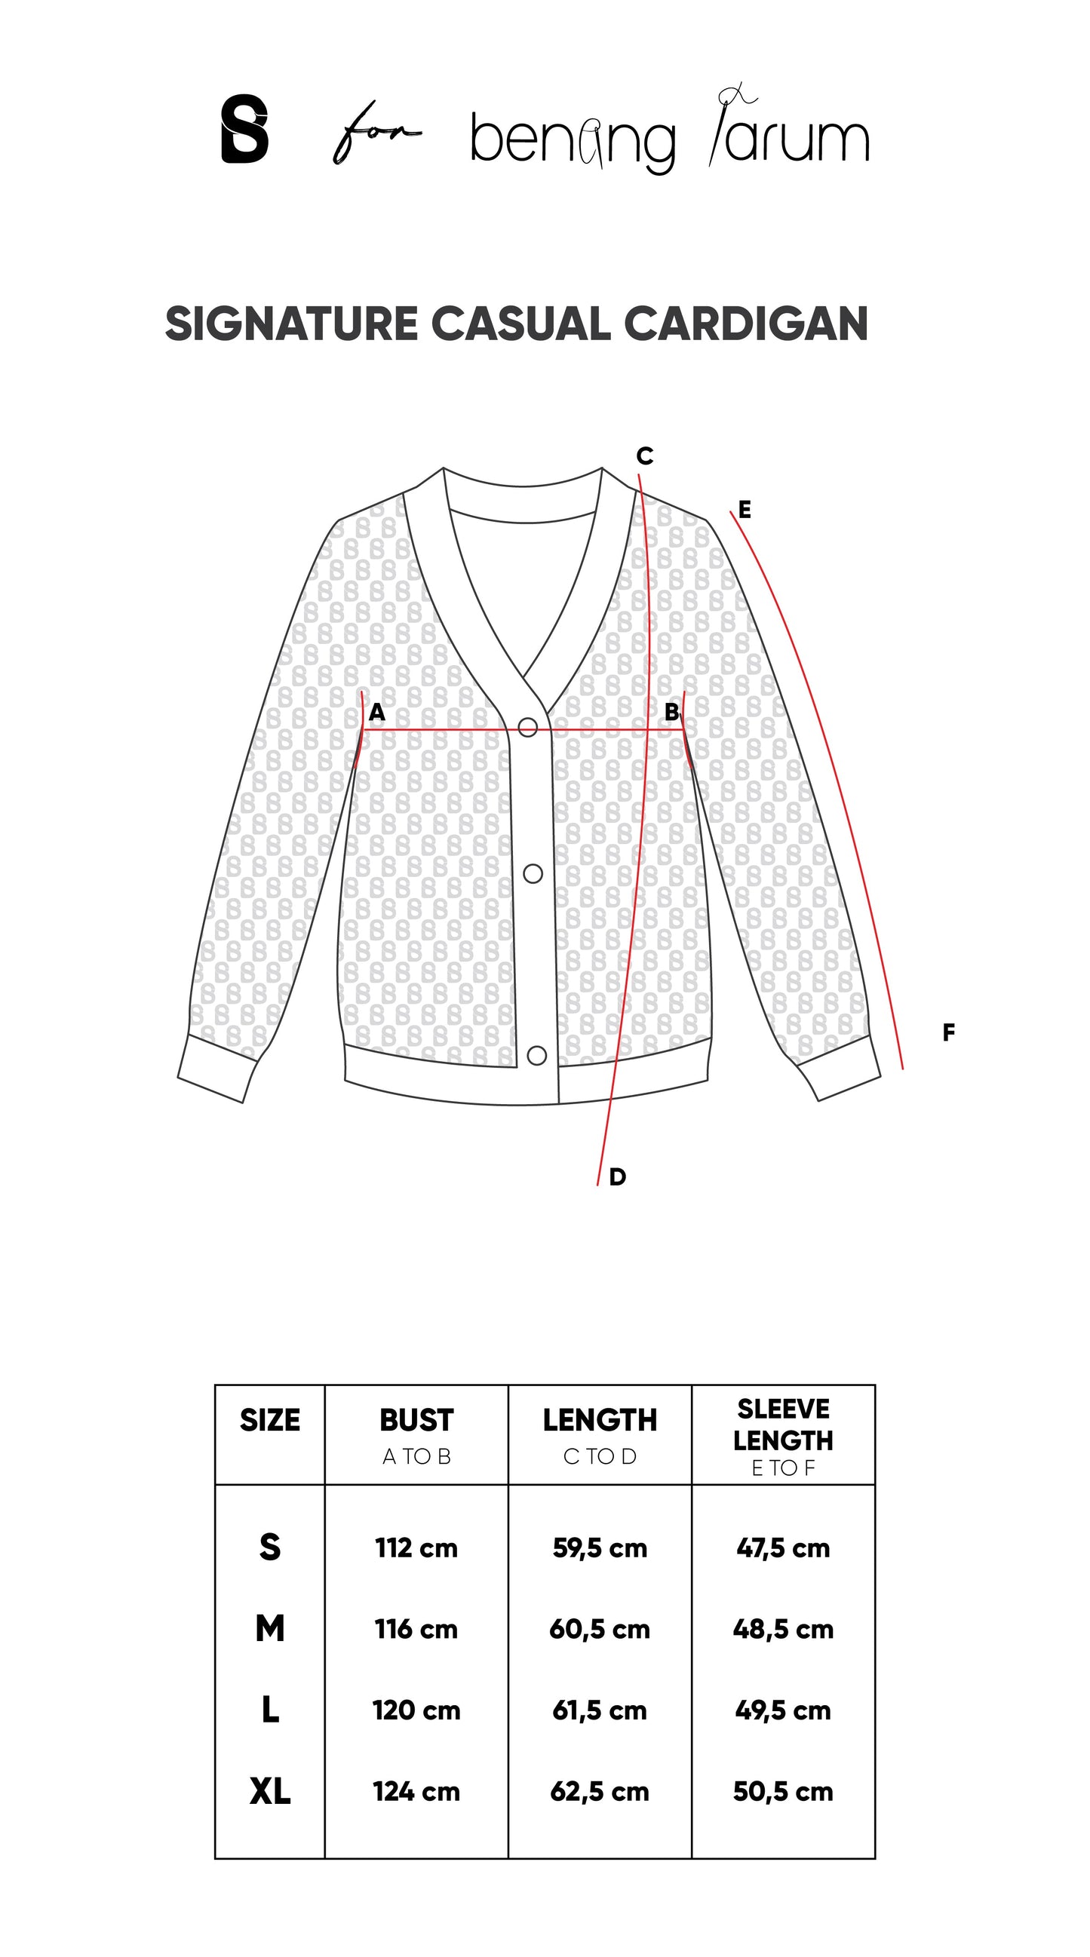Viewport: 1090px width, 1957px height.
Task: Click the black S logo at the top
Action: click(x=244, y=128)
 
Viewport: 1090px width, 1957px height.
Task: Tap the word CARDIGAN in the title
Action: click(x=746, y=324)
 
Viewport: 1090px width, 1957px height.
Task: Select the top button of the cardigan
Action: click(x=527, y=728)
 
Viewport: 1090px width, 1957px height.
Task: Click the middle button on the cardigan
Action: click(x=533, y=873)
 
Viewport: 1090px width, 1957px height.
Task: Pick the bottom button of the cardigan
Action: click(x=536, y=1055)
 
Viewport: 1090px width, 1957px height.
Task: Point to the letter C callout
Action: click(x=645, y=456)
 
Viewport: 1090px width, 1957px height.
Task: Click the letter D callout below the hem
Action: click(x=617, y=1176)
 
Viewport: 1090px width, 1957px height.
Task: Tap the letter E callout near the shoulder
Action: click(x=745, y=510)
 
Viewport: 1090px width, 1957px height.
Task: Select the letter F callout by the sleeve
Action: click(x=948, y=1032)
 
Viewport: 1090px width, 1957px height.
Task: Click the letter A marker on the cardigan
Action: click(x=377, y=713)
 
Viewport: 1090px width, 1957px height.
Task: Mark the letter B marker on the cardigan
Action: click(x=672, y=712)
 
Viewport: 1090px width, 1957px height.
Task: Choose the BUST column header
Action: click(x=416, y=1421)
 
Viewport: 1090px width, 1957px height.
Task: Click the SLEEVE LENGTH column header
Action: click(x=783, y=1425)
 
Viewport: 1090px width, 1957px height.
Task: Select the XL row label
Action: click(x=270, y=1792)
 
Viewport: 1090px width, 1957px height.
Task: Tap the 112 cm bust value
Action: click(x=416, y=1548)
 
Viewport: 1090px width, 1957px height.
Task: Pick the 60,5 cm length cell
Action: click(x=600, y=1630)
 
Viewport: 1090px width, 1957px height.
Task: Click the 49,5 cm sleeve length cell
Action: click(x=783, y=1711)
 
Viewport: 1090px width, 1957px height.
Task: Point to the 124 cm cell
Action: click(x=416, y=1792)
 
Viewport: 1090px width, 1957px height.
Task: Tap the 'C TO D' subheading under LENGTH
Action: click(x=600, y=1456)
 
